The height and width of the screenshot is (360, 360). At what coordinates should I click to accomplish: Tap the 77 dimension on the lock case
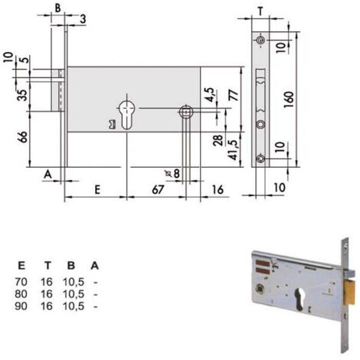tap(234, 95)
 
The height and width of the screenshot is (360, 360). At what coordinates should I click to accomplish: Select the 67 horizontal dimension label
tap(158, 190)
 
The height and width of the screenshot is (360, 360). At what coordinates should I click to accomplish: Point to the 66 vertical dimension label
tap(22, 137)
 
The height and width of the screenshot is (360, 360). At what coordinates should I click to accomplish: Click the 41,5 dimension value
tap(234, 150)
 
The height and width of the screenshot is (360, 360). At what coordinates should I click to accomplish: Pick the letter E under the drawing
tap(97, 190)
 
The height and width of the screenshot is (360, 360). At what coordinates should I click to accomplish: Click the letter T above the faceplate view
tap(260, 11)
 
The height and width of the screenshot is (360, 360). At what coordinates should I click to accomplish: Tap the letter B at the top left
tap(58, 8)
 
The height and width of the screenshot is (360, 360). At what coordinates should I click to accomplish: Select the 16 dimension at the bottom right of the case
tap(218, 190)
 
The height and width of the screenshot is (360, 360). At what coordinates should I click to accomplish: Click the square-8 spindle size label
tap(173, 174)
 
